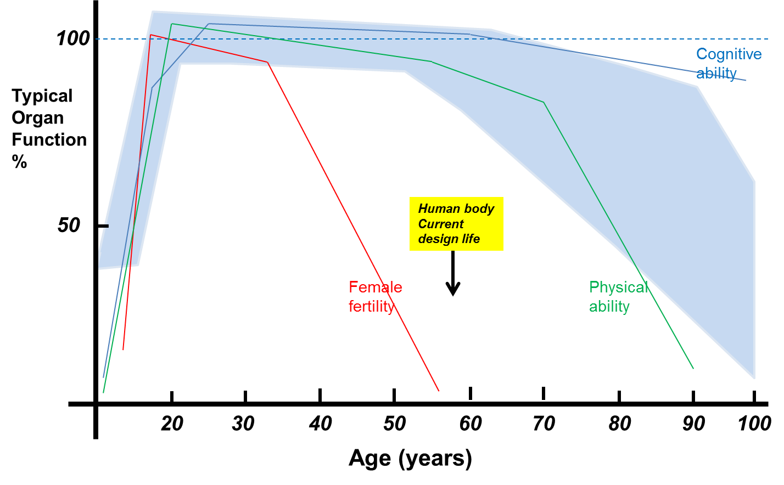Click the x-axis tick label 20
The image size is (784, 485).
coord(172,424)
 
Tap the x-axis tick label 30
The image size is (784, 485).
coord(243,424)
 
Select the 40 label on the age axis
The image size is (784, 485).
coord(320,424)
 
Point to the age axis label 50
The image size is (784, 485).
coord(394,424)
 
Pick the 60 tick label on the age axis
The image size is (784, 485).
coord(471,424)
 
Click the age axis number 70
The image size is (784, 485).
coord(544,424)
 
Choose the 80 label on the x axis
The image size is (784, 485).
coord(619,424)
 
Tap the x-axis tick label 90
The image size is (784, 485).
coord(693,424)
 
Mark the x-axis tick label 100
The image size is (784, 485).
coord(754,424)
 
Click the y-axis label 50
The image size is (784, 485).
coord(69,225)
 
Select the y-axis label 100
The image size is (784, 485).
coord(72,39)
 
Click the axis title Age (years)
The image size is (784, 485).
coord(410,458)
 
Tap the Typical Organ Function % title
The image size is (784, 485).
coord(48,129)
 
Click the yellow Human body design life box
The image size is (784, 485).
coord(456,224)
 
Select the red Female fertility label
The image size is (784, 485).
coord(376,296)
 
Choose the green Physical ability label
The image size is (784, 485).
coord(618,296)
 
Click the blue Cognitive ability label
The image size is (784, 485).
coord(728,64)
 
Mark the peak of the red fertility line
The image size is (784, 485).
coord(150,35)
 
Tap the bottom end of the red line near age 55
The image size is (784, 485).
coord(439,391)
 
